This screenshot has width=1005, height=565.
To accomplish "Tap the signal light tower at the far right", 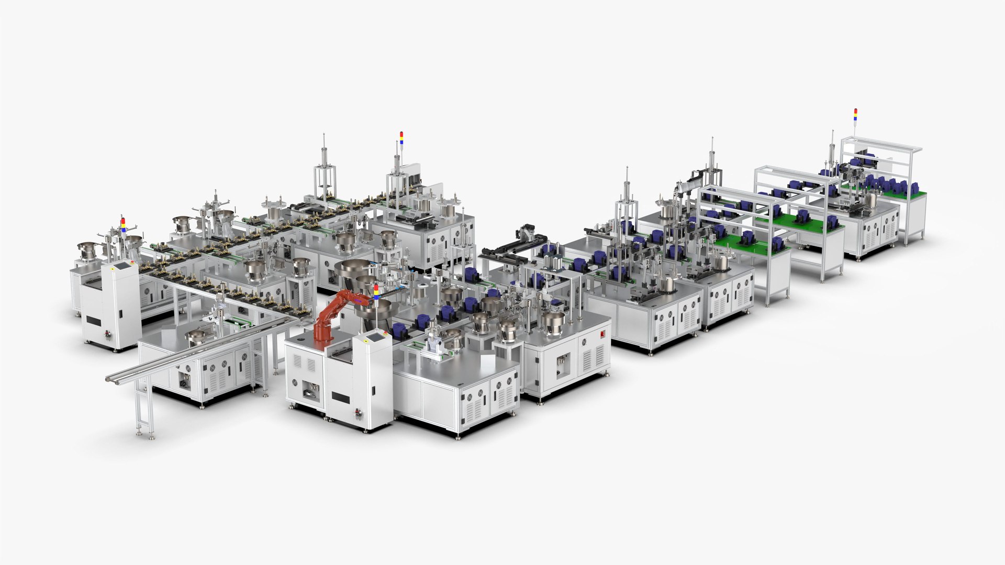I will click(855, 118).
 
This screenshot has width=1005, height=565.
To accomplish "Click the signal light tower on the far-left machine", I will click(123, 224).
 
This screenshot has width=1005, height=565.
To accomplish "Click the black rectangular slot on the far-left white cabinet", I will click(95, 320).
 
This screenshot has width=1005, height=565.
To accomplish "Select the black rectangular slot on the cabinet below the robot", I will click(341, 399).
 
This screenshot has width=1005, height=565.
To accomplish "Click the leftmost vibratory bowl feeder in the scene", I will click(87, 249).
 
